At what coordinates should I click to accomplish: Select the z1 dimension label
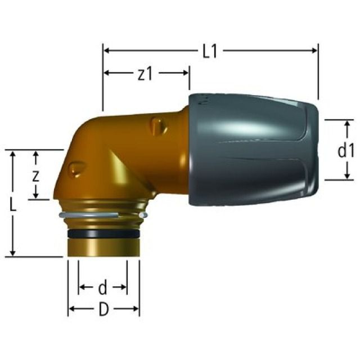145,74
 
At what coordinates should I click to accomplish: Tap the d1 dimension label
344,150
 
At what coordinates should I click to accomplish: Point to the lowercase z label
35,175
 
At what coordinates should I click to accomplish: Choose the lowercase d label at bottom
102,288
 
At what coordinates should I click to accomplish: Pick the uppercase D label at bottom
103,309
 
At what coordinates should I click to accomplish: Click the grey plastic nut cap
253,149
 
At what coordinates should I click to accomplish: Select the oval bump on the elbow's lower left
76,168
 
